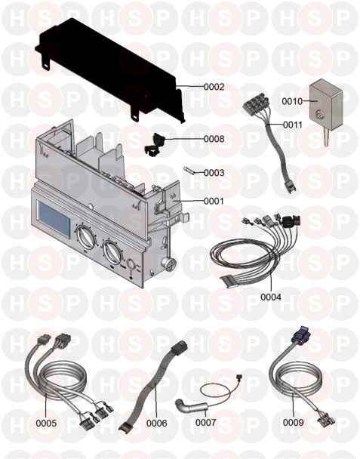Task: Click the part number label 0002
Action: pyautogui.click(x=214, y=87)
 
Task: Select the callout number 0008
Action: pyautogui.click(x=214, y=139)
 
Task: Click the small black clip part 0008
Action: pyautogui.click(x=155, y=143)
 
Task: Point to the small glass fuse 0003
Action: pyautogui.click(x=190, y=170)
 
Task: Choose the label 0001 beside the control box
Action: pyautogui.click(x=214, y=201)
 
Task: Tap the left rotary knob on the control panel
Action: pyautogui.click(x=86, y=237)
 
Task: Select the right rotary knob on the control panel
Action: pyautogui.click(x=112, y=254)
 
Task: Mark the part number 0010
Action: pyautogui.click(x=292, y=102)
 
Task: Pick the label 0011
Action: pyautogui.click(x=293, y=125)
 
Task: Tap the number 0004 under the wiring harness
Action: pyautogui.click(x=271, y=297)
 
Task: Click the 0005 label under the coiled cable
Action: pyautogui.click(x=46, y=423)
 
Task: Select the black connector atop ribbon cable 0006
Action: pyautogui.click(x=178, y=347)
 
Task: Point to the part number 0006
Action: pyautogui.click(x=156, y=423)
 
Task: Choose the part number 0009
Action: pyautogui.click(x=294, y=423)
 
